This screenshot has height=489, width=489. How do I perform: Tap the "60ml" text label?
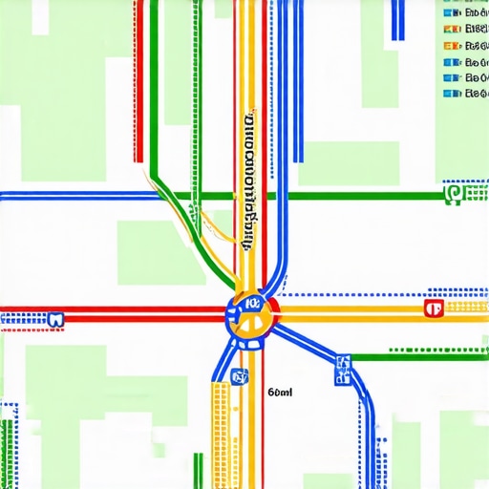point(281,392)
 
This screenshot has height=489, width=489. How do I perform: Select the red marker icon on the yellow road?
point(433,308)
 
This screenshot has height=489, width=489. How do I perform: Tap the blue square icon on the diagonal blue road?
point(343,363)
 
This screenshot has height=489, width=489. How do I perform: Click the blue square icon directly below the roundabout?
point(240,376)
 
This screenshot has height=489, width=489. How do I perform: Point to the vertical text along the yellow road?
point(250,181)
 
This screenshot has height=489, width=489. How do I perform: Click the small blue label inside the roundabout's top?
point(253,303)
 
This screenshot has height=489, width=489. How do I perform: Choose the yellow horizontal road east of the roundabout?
point(353,309)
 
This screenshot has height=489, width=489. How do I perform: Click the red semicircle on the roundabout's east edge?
point(274,308)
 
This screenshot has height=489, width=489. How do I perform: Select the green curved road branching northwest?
point(177,205)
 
